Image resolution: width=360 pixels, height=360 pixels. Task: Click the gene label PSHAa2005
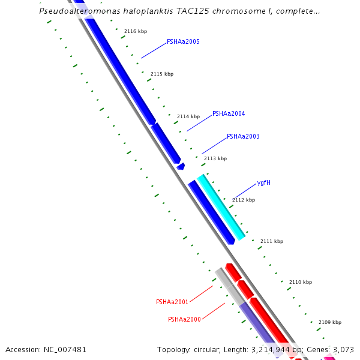pos(183,42)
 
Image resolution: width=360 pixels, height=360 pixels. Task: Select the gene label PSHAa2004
pos(229,113)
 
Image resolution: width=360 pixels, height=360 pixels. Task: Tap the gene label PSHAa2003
pos(243,137)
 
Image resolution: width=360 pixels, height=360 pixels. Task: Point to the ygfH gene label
pos(263,182)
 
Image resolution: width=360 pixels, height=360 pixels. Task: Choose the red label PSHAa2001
pos(172,302)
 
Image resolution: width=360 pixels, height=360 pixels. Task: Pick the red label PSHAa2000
pos(184,319)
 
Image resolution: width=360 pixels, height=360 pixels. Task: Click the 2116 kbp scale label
pos(136,31)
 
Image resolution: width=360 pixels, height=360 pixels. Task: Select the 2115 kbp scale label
pos(162,74)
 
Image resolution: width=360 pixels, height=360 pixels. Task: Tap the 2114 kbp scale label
pos(188,116)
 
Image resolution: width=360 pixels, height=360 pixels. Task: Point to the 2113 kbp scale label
pos(215,158)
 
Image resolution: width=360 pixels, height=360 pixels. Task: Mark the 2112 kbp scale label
pos(244,200)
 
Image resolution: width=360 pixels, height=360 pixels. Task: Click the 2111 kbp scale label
pos(271,241)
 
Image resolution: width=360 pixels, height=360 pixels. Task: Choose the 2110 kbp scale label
pos(301,282)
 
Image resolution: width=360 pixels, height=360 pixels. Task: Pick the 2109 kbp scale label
pos(330,322)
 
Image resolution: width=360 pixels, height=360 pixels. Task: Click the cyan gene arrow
pos(221,207)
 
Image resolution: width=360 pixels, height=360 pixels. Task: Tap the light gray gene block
pos(230,286)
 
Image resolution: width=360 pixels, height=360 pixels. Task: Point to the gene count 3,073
pos(343,349)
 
